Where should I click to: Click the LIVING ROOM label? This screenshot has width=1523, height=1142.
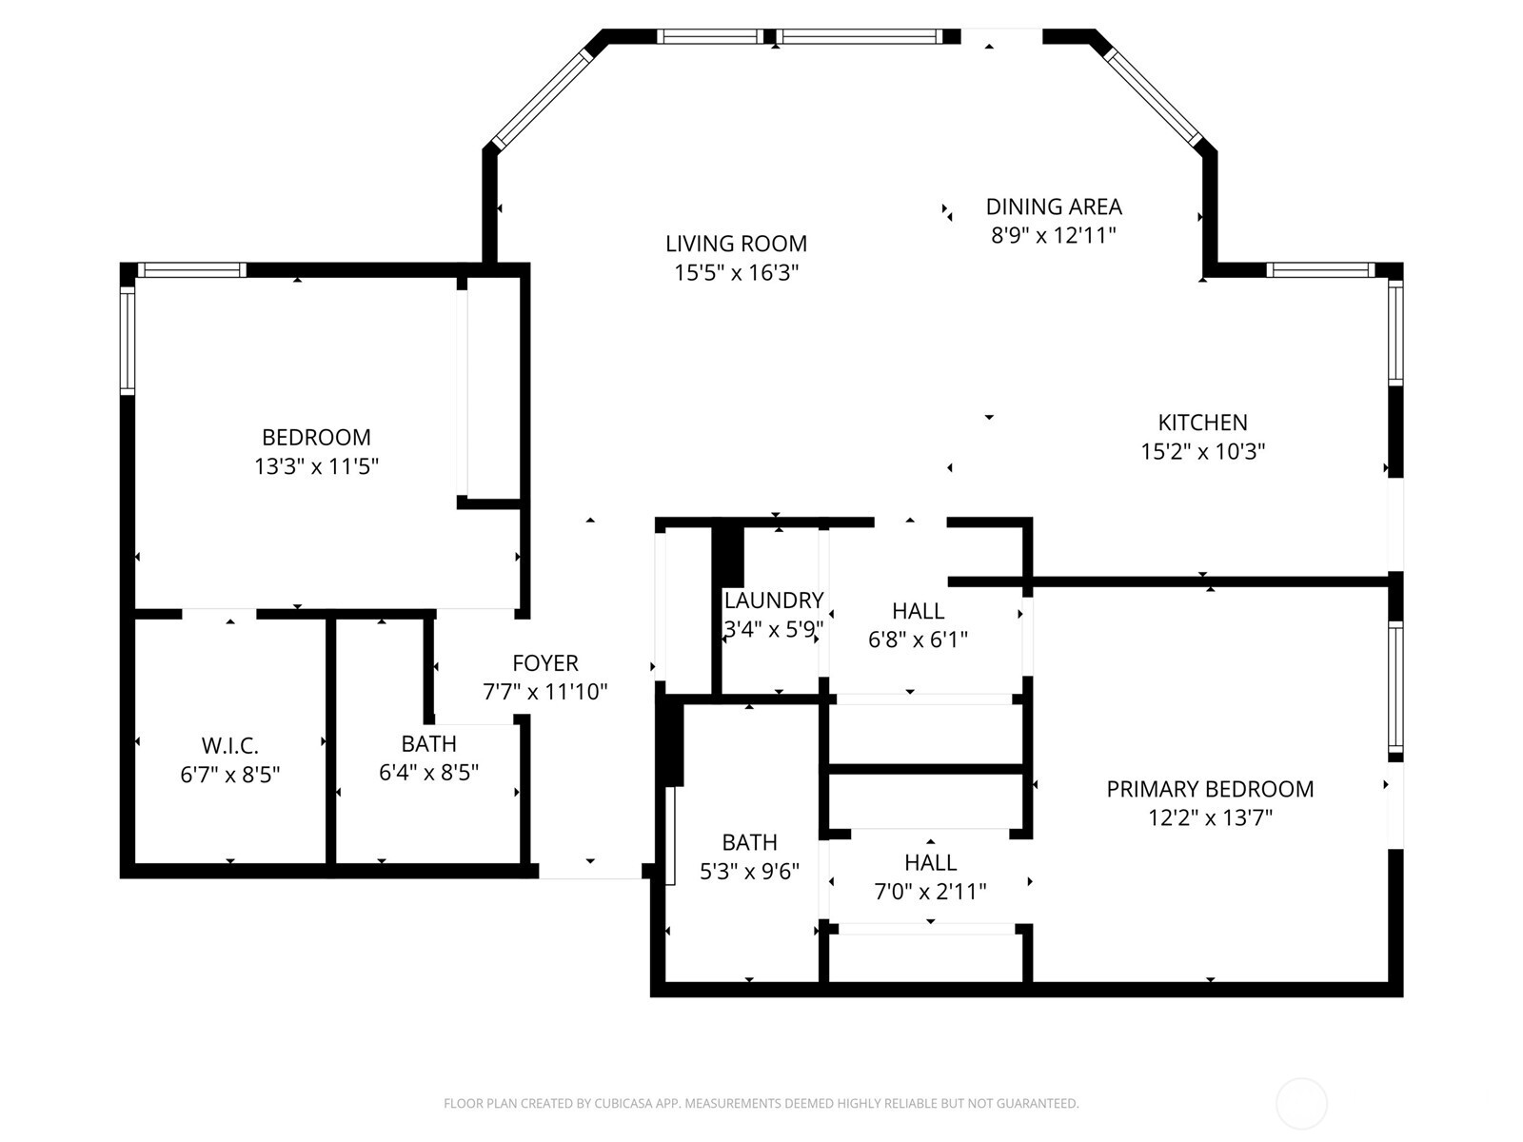coord(736,244)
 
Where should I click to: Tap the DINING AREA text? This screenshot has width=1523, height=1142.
coord(1053,207)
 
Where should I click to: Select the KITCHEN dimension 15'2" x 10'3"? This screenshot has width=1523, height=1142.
coord(1202,451)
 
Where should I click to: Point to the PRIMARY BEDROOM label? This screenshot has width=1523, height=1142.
coord(1210,789)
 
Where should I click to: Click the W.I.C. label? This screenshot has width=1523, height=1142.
coord(229,745)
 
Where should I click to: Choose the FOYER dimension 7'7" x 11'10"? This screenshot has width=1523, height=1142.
coord(544,692)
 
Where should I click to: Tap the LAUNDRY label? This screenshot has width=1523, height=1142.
coord(773,601)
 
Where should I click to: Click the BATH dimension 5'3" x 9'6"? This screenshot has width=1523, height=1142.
coord(749,871)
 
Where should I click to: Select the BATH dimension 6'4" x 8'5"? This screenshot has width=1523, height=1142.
coord(428,772)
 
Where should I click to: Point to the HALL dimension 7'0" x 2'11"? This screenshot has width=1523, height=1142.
coord(930,892)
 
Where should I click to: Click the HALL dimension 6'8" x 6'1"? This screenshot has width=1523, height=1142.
coord(918,640)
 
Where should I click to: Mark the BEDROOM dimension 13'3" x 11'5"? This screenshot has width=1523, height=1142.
coord(316,466)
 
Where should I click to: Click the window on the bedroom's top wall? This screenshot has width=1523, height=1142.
coord(191,270)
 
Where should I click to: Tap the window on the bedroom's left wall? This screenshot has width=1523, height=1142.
coord(127,340)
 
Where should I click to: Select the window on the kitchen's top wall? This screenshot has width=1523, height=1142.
coord(1320,270)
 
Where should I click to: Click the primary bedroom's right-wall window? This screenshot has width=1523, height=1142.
coord(1394,686)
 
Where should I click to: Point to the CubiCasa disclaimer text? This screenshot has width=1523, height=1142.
coord(761,1104)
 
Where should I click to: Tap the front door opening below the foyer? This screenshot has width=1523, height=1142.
coord(590,870)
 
